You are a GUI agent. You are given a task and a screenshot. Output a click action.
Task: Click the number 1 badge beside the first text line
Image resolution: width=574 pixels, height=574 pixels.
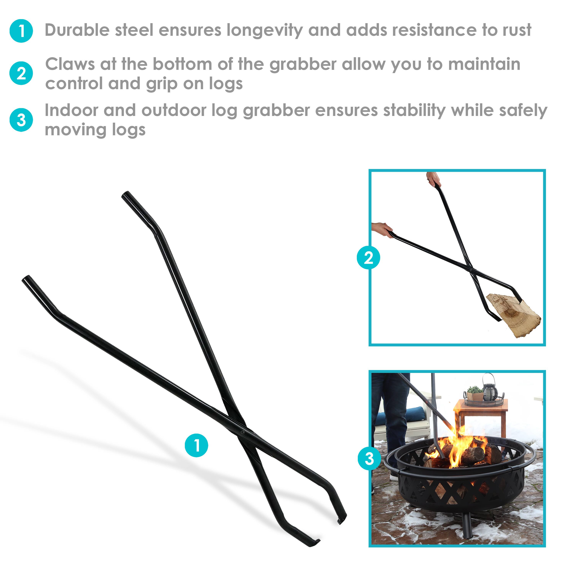click(x=21, y=31)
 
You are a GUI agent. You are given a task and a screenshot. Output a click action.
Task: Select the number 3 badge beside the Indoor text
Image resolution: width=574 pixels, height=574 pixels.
click(x=21, y=120)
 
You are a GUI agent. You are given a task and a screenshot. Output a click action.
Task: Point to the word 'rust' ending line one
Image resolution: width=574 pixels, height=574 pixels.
click(x=517, y=30)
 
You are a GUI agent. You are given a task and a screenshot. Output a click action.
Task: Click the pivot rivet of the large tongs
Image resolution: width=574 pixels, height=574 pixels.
click(x=243, y=432)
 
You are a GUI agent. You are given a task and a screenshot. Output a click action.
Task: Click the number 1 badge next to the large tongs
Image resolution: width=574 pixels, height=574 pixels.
click(x=196, y=445)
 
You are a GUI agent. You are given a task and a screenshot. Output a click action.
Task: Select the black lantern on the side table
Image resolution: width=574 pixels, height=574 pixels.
click(x=489, y=388)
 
